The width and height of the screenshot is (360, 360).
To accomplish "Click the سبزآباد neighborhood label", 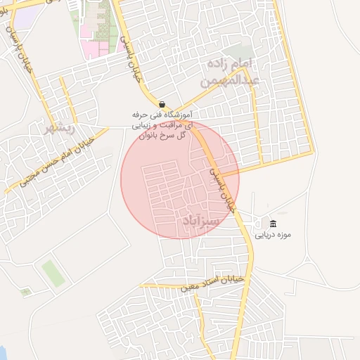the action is click(201, 221).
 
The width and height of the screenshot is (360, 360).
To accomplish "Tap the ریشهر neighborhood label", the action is click(59, 129).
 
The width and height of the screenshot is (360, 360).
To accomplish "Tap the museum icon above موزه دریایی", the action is click(273, 224).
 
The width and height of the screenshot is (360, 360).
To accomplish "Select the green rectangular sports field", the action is click(53, 273).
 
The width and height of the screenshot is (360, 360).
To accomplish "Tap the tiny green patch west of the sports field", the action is click(26, 291).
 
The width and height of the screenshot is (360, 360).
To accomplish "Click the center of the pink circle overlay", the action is click(180, 179).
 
